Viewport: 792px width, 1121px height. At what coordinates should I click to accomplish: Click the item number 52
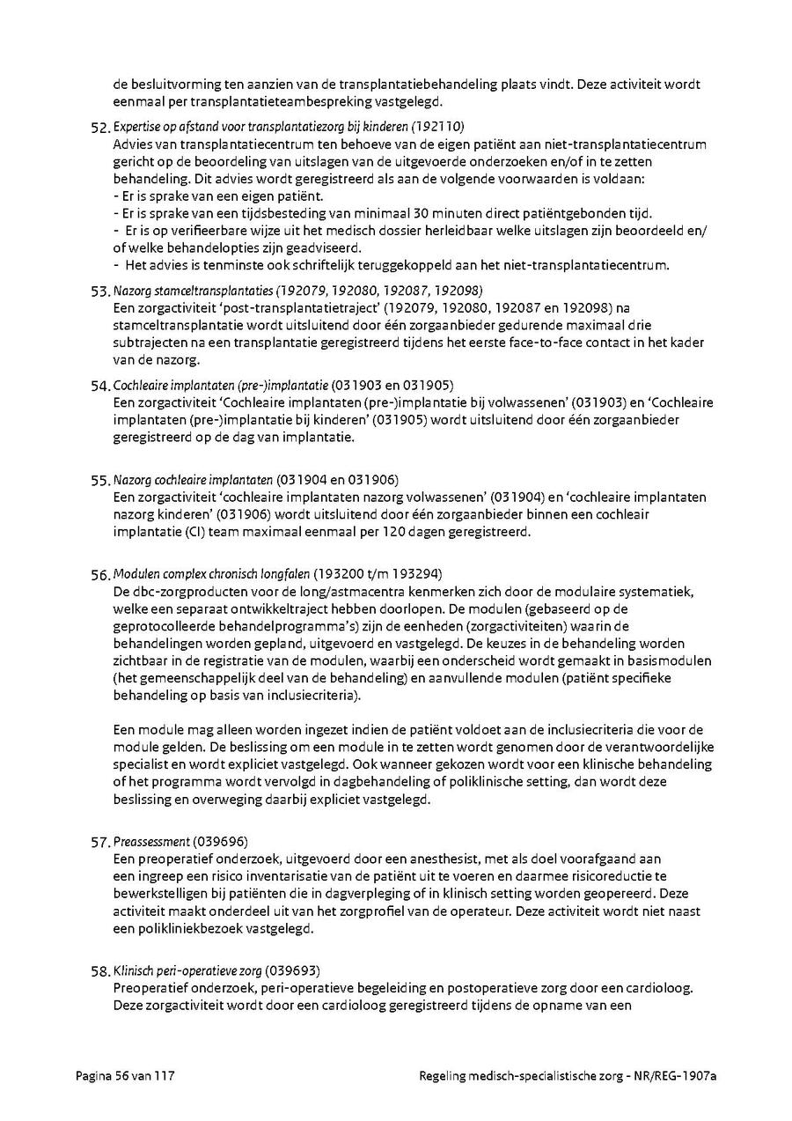click(100, 129)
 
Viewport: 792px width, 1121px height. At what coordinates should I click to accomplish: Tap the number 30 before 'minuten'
click(444, 213)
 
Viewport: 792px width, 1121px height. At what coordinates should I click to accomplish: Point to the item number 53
click(100, 291)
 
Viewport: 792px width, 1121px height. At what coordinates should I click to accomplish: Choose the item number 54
click(100, 387)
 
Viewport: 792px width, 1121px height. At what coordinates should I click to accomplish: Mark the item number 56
click(100, 575)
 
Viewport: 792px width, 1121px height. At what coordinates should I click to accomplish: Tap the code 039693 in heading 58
click(292, 971)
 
